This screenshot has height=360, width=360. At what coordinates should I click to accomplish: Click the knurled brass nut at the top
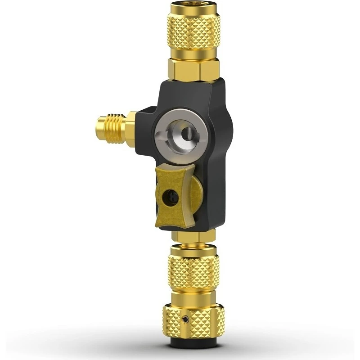click(x=194, y=29)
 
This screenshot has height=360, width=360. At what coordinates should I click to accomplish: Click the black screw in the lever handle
click(x=171, y=196)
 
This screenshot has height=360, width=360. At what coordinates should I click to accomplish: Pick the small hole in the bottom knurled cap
click(x=185, y=321)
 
